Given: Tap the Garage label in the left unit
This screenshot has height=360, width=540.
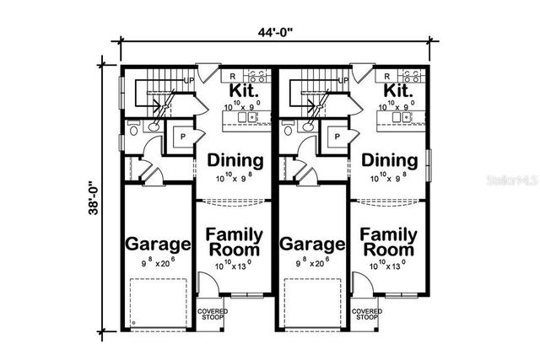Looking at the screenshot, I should click(x=158, y=245).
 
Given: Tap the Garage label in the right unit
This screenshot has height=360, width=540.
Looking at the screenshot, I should click(x=314, y=245).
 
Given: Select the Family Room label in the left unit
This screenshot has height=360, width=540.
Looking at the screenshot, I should click(x=235, y=242).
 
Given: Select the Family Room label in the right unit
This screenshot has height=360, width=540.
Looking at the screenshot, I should click(x=389, y=242).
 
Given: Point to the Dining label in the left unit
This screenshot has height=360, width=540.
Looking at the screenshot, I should click(x=235, y=160).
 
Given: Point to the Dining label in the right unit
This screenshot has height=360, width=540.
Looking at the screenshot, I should click(x=390, y=160).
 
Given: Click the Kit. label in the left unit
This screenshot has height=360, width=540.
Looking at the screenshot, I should click(x=243, y=90).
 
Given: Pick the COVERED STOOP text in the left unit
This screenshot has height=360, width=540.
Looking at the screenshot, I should click(x=212, y=315).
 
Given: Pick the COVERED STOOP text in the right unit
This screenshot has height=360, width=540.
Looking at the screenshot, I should click(x=367, y=315).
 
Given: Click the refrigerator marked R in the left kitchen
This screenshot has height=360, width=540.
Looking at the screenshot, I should click(x=232, y=76).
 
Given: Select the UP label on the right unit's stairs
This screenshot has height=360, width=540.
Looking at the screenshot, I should click(x=344, y=81).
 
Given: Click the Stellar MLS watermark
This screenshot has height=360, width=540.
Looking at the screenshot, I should click(x=516, y=180).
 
